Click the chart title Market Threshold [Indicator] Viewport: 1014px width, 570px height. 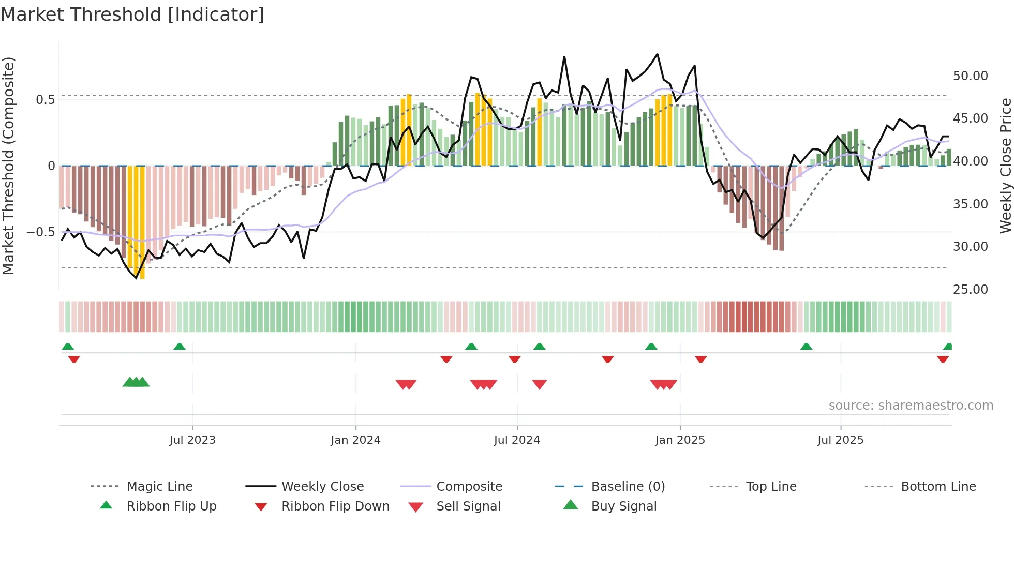point(132,14)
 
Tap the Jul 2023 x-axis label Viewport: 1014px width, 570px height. point(192,440)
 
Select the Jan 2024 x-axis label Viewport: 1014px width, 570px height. point(355,440)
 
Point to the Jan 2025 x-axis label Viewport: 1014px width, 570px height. point(679,440)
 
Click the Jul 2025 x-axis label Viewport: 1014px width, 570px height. point(840,440)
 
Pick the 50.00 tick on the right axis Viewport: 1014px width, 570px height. point(970,76)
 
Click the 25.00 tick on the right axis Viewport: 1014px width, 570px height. point(970,290)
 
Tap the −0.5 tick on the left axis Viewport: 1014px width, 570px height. point(40,232)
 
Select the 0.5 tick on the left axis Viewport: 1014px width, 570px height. point(45,100)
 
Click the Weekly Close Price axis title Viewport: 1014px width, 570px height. point(1005,166)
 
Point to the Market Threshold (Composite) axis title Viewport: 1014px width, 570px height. point(8,166)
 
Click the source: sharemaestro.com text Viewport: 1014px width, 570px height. point(911,406)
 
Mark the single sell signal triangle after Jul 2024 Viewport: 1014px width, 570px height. point(539,384)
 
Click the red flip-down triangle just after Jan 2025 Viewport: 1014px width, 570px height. point(700,359)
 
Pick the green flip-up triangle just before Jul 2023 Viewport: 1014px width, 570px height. point(179,347)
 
